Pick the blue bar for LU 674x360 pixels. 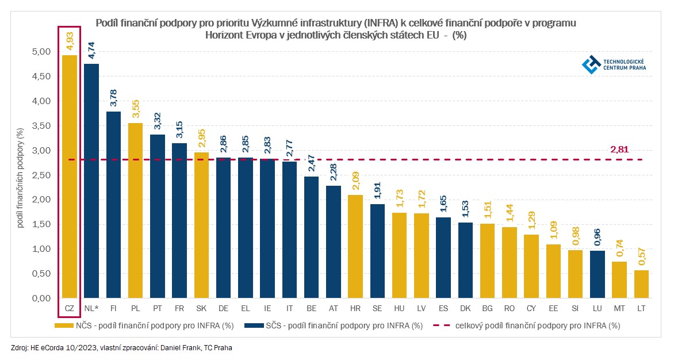click(x=598, y=274)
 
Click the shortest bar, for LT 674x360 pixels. click(x=641, y=284)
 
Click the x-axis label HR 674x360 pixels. click(x=355, y=309)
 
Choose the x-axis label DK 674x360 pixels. click(x=465, y=309)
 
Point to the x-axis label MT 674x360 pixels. click(x=619, y=309)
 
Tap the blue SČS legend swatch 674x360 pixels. click(x=253, y=325)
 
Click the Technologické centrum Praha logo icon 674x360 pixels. click(x=590, y=64)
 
